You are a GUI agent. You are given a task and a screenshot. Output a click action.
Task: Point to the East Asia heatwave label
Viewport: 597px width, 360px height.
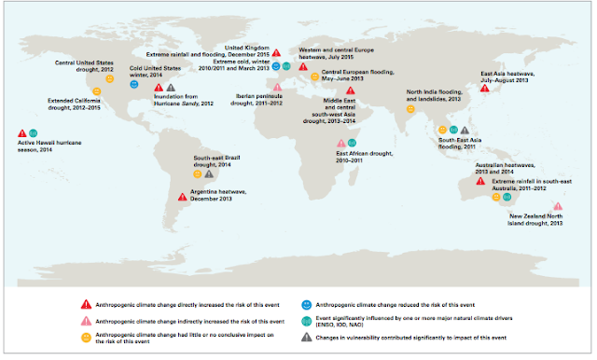pyautogui.click(x=509, y=76)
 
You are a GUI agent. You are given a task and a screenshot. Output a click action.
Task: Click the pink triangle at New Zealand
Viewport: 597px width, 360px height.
pyautogui.click(x=557, y=206)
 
